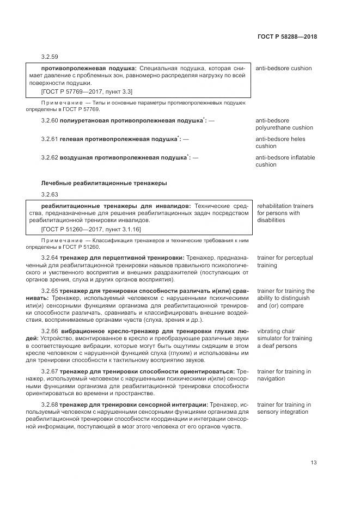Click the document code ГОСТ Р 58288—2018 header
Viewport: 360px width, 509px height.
point(287,37)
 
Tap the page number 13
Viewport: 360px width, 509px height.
point(314,463)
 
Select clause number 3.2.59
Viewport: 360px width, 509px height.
point(50,57)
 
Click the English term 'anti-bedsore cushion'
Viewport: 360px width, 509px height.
point(283,69)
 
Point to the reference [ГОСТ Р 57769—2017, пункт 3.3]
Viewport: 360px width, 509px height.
point(83,91)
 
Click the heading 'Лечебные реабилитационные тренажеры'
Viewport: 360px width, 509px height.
point(104,183)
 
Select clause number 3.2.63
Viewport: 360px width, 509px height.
point(50,194)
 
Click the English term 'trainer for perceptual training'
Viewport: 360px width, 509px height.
point(285,262)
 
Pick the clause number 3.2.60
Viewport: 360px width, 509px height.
point(50,120)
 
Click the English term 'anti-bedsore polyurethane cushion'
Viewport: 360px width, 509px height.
point(284,124)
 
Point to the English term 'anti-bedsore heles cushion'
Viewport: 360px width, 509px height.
point(280,143)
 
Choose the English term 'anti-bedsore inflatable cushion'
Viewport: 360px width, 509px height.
point(285,161)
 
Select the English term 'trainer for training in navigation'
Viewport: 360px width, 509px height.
point(284,375)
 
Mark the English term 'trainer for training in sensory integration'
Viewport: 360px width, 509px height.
point(284,408)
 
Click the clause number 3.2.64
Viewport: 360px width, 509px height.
point(50,257)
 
